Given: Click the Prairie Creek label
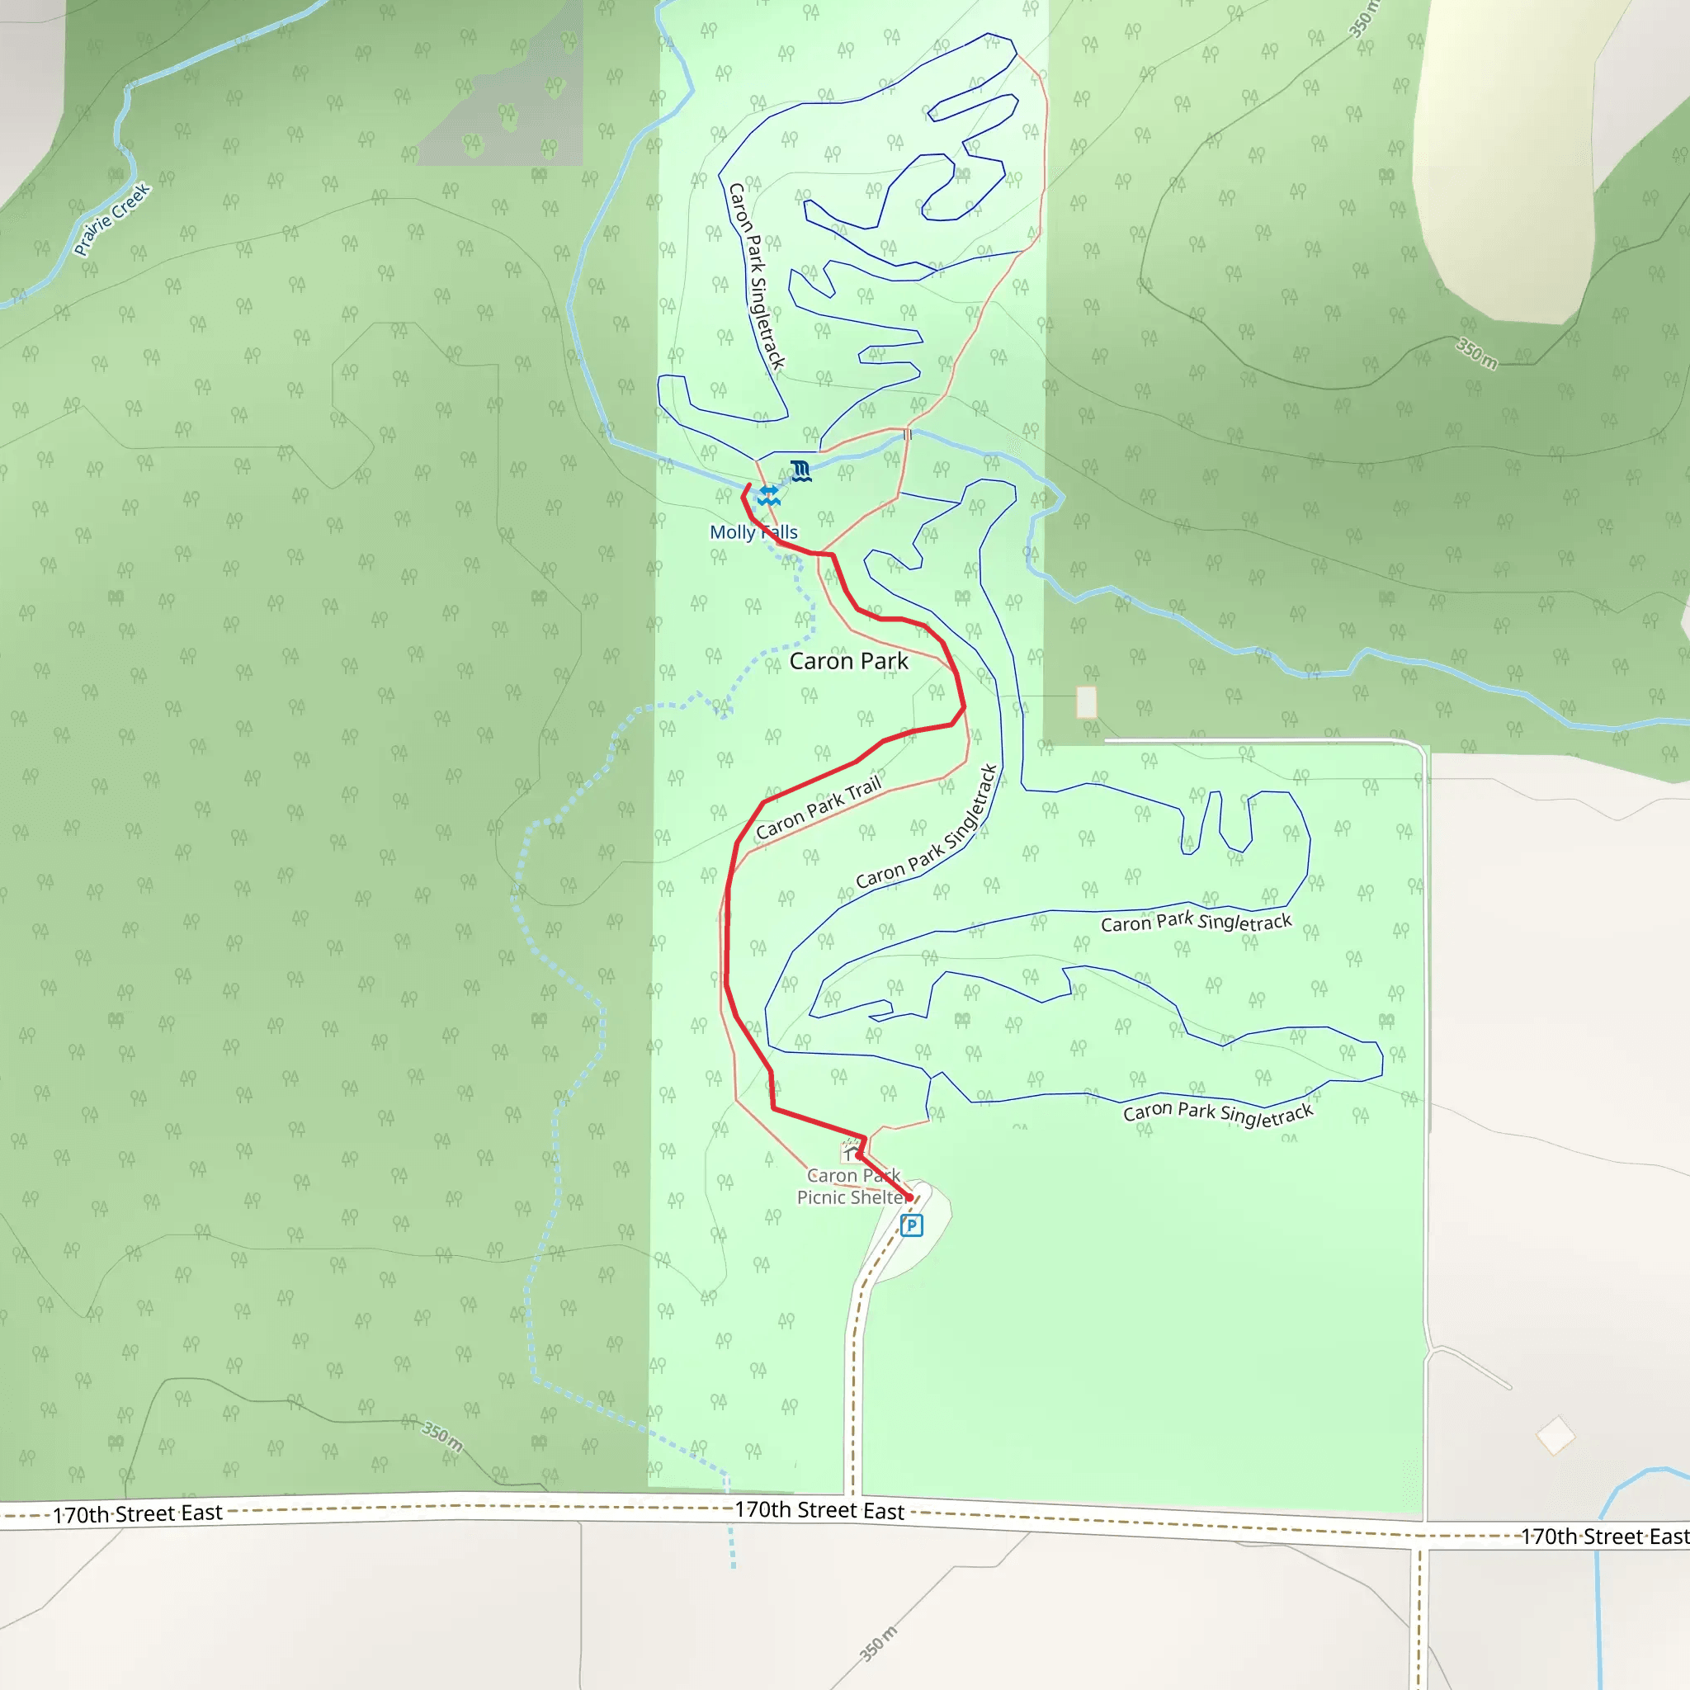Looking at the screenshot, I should tap(113, 219).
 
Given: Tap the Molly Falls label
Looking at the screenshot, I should tap(753, 532).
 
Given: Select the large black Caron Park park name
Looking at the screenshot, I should tap(848, 661).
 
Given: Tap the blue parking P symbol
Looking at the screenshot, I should tap(912, 1225).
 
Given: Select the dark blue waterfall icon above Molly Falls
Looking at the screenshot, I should tap(800, 470).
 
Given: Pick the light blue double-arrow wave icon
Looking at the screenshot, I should tap(769, 496).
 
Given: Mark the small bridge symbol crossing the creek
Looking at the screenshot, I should tap(907, 434).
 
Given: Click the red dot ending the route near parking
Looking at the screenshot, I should tap(909, 1197).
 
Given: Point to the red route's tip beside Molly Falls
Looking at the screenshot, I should tap(749, 484).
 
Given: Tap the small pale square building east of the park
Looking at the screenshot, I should tap(1087, 701).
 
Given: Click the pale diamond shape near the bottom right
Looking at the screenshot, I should tap(1555, 1436).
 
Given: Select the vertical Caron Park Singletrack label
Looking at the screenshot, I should tap(757, 276).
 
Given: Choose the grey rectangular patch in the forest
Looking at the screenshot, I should tap(501, 83).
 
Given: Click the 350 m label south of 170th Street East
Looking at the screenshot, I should tap(877, 1644).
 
